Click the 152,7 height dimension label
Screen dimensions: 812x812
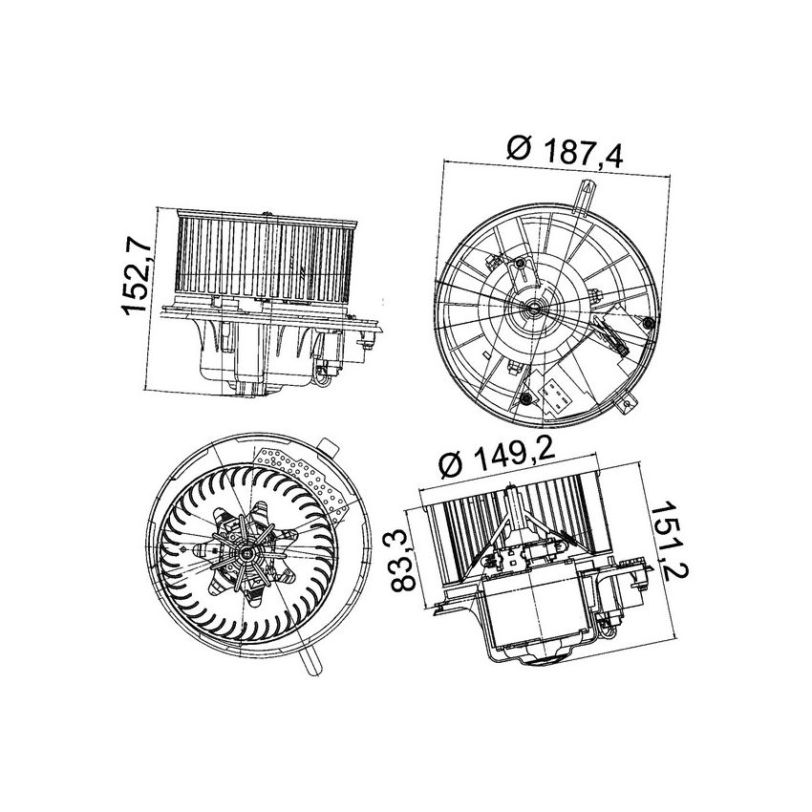click(134, 278)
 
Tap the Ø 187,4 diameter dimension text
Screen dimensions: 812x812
click(564, 152)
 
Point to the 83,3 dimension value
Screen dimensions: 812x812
click(405, 564)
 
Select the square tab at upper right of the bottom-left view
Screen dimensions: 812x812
click(331, 445)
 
